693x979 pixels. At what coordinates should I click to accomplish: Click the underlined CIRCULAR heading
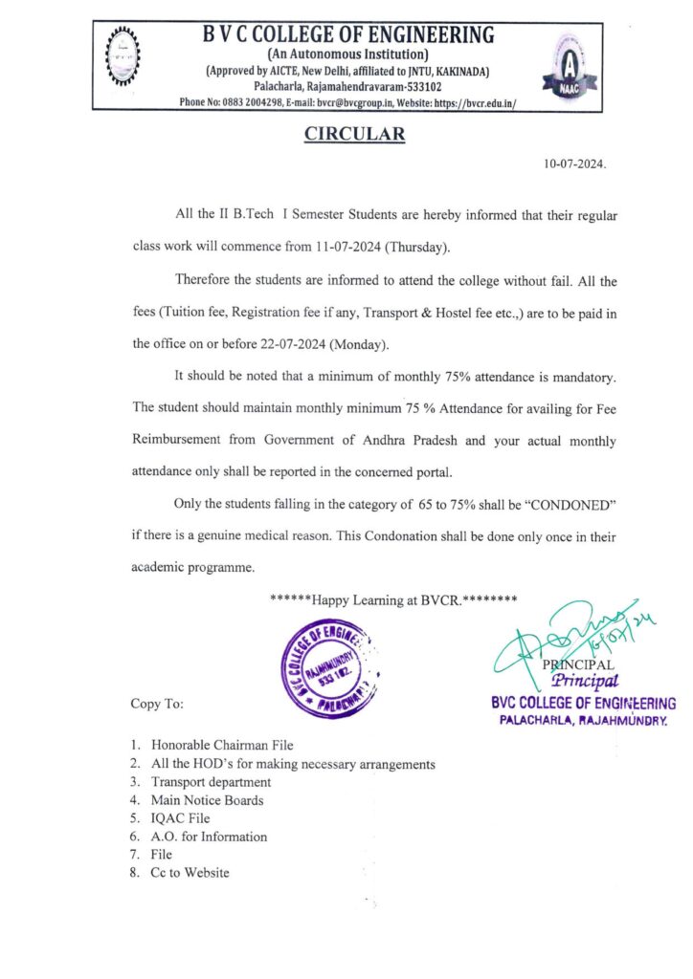click(x=354, y=135)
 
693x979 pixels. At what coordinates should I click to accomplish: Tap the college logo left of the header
click(x=123, y=56)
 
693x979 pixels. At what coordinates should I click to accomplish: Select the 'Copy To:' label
click(x=157, y=704)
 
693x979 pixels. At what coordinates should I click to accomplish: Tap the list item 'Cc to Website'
click(x=190, y=873)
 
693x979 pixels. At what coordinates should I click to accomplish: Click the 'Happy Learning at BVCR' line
click(x=393, y=600)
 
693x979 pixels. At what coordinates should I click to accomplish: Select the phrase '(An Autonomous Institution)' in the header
click(x=351, y=54)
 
